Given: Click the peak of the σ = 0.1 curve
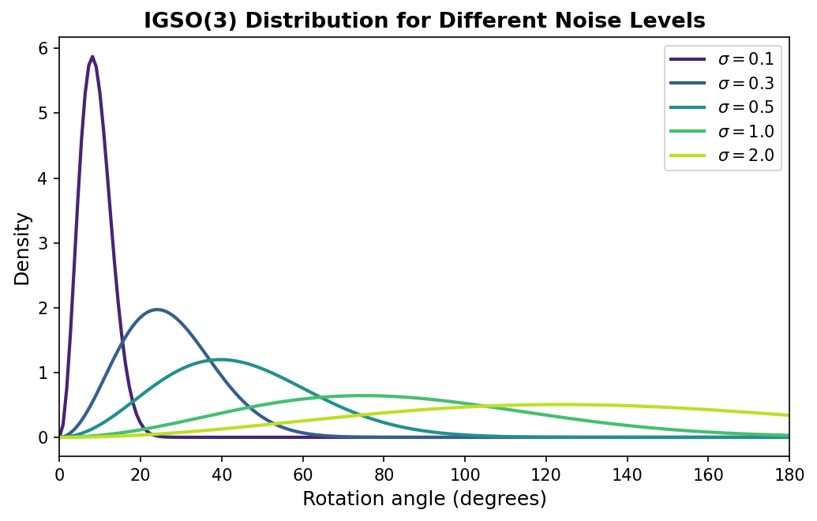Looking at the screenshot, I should (x=92, y=57).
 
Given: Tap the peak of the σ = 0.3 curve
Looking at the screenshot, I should (x=157, y=309).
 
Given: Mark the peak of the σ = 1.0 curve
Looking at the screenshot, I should (x=362, y=395).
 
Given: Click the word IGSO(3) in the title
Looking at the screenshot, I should (x=191, y=21).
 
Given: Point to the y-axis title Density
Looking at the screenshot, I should (x=22, y=249).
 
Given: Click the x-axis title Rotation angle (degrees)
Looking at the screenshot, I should (x=424, y=499).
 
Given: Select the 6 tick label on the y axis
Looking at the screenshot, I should (x=43, y=49).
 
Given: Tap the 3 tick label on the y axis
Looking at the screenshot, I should (x=43, y=243).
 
